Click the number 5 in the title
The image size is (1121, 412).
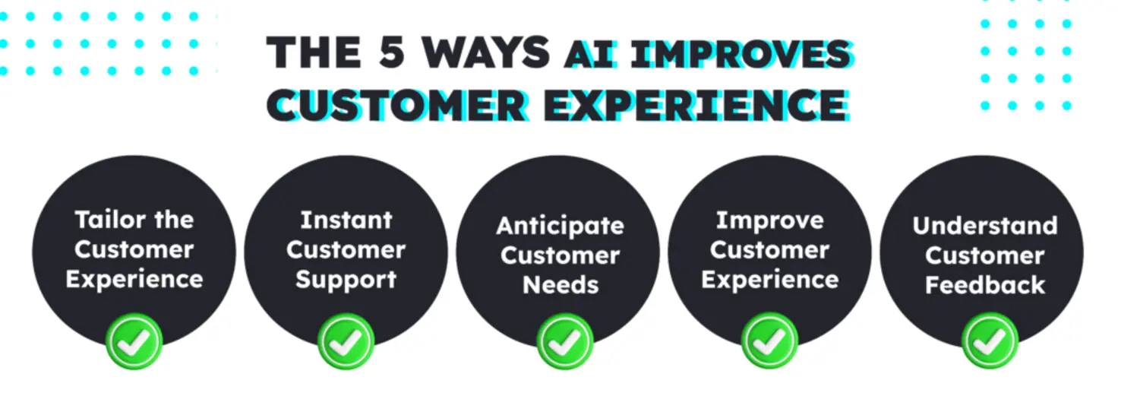point(393,52)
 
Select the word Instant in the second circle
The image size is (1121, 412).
point(346,220)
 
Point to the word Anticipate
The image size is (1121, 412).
point(560,226)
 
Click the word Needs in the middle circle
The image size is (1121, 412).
point(560,285)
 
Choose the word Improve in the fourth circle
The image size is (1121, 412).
point(769,220)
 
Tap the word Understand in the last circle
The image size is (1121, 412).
point(984,226)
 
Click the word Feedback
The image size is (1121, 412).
point(985,285)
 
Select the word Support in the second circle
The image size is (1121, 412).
point(346,279)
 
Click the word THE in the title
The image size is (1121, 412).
point(314,52)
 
